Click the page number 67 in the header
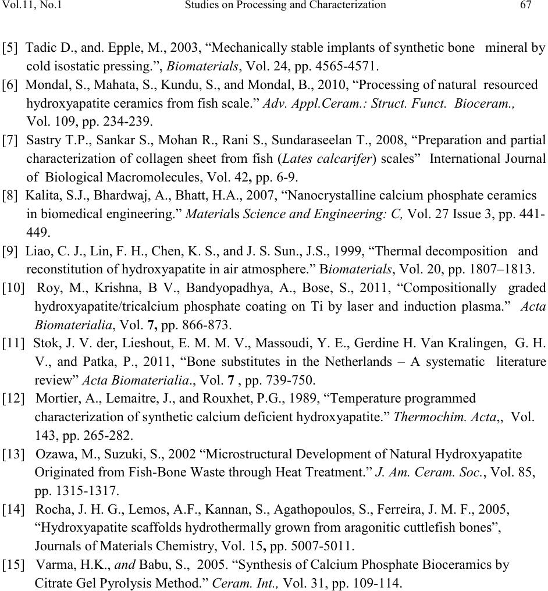[x=526, y=5]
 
